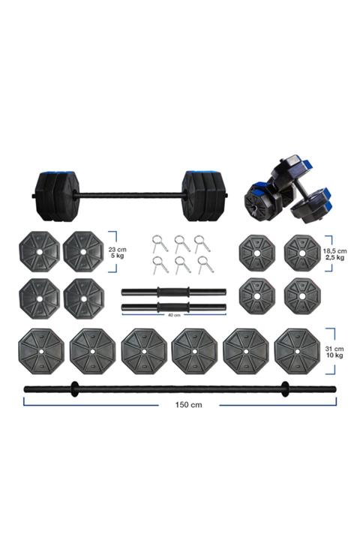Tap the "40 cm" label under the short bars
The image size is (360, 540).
point(173,316)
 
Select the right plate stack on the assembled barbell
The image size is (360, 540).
point(203,195)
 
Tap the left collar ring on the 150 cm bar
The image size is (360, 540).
point(73,388)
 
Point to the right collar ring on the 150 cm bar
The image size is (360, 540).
point(285,388)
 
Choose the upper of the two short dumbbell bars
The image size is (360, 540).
point(173,292)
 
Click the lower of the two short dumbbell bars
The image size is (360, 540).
point(173,307)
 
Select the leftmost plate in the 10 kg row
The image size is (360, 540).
point(40,349)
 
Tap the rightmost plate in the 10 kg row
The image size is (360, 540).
point(296,349)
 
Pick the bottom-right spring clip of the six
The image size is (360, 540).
point(202,264)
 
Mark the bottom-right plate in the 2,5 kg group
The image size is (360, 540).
point(302,296)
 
